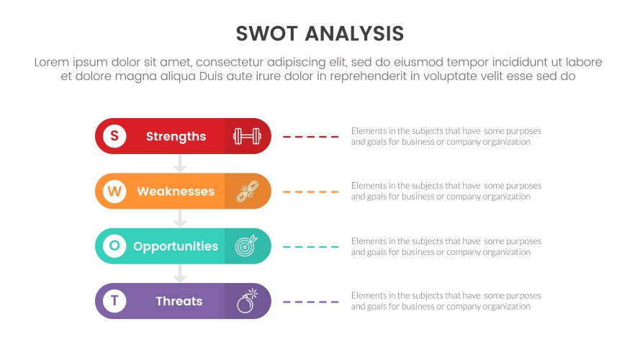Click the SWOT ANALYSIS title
click(x=320, y=34)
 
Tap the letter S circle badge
click(x=114, y=136)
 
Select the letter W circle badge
click(x=114, y=192)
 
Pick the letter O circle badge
click(x=114, y=246)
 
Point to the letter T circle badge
click(x=114, y=301)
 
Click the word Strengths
click(x=176, y=137)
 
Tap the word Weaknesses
click(x=176, y=192)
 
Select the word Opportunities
click(x=176, y=246)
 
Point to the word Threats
click(x=179, y=301)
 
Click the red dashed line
click(x=311, y=136)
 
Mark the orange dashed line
click(x=311, y=192)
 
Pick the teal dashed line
click(x=311, y=246)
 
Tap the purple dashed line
click(x=311, y=301)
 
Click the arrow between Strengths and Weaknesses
click(x=180, y=164)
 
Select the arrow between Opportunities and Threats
click(x=180, y=274)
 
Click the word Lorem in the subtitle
click(x=52, y=63)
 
